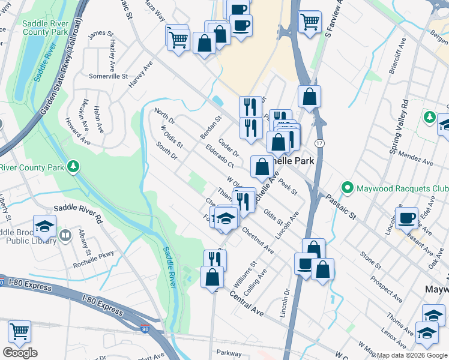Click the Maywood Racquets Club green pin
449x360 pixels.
tap(346, 188)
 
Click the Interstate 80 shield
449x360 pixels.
tap(145, 329)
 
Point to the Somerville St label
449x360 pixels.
tap(108, 76)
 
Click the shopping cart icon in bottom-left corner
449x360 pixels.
tap(19, 331)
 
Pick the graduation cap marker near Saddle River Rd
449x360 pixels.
tap(44, 226)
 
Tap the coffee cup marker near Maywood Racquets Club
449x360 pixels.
tap(406, 217)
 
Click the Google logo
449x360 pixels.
tap(20, 352)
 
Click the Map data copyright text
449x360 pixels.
tap(412, 355)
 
